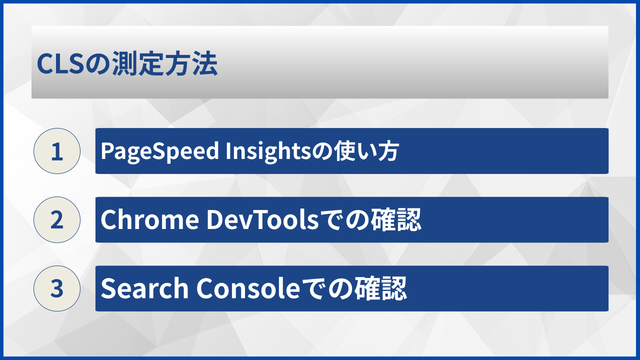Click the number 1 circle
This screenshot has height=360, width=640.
click(x=57, y=151)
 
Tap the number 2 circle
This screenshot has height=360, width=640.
click(x=57, y=220)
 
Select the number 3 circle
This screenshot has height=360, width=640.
click(x=57, y=288)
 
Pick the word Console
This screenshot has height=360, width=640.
click(x=246, y=288)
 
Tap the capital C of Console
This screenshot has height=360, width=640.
click(x=205, y=288)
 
